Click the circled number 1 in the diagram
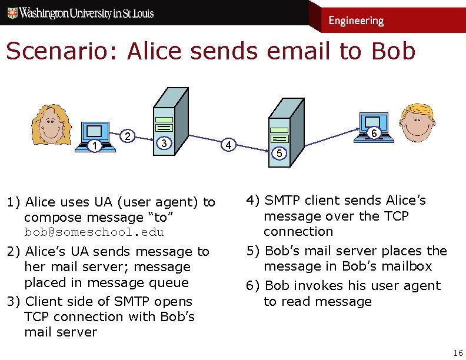[x=94, y=145]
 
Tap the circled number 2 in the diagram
[x=128, y=136]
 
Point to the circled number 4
[x=230, y=144]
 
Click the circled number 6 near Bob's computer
[x=373, y=134]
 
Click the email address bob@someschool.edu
[x=94, y=232]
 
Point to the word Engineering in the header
[x=356, y=21]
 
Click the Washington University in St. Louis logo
[x=80, y=12]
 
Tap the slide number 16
[x=458, y=352]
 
